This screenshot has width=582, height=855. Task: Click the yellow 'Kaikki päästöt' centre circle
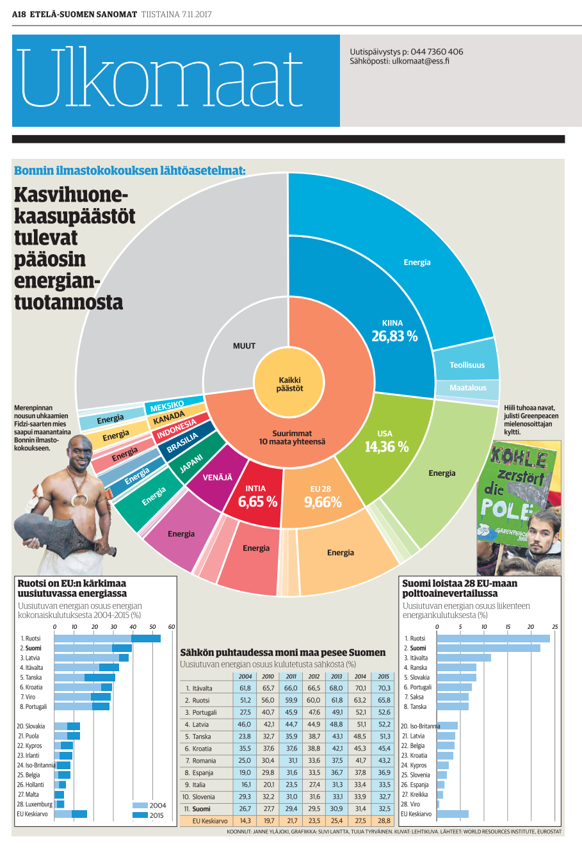[289, 384]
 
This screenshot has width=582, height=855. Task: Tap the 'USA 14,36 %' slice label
[386, 442]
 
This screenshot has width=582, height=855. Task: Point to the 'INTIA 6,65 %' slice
[257, 497]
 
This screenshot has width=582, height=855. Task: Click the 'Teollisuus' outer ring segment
[467, 365]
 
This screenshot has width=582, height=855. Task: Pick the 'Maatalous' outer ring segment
[467, 388]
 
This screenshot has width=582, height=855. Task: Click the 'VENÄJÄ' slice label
[218, 477]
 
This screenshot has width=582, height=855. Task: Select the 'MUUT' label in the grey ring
[244, 346]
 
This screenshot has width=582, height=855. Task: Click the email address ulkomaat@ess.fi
[420, 61]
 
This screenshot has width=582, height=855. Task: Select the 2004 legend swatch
[140, 806]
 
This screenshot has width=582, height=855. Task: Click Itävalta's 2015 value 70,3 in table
[384, 688]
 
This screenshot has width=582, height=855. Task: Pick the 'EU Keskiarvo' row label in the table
[209, 820]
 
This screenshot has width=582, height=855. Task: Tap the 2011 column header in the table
[291, 676]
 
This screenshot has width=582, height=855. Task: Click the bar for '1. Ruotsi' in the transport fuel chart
[493, 639]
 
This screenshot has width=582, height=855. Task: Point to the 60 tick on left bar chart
[172, 627]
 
